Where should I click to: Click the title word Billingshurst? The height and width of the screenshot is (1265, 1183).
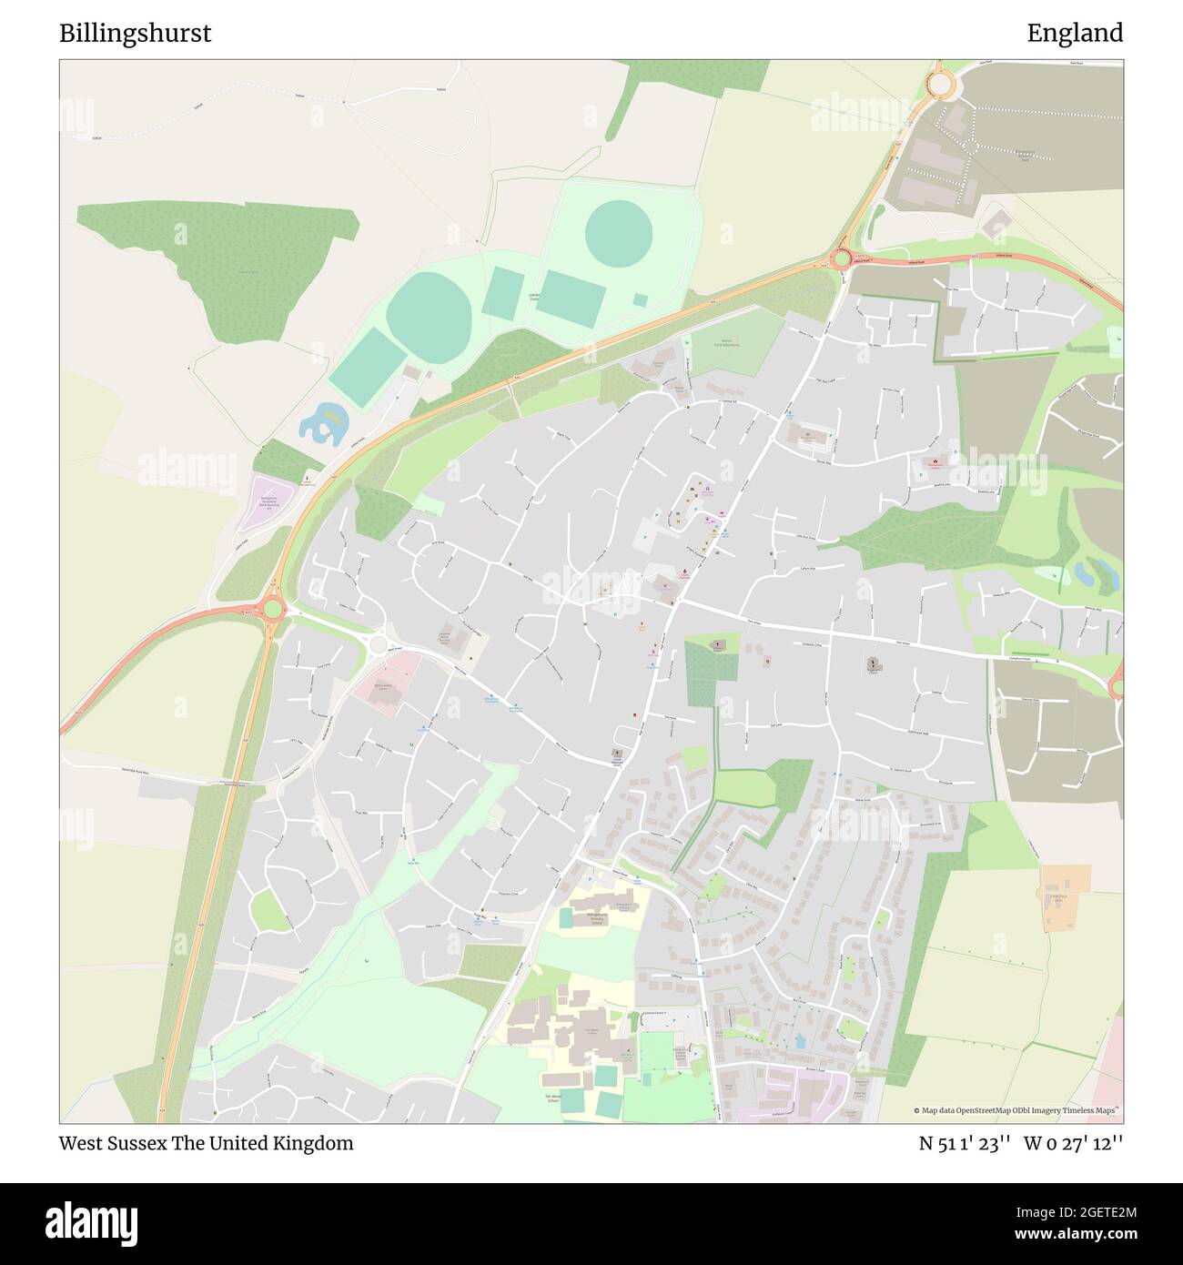[x=135, y=34]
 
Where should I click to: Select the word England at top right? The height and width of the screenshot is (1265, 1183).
[x=1075, y=34]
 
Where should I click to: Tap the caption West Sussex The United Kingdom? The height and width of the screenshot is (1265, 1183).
[x=206, y=1143]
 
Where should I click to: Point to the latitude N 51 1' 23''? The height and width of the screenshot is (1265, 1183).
[x=965, y=1143]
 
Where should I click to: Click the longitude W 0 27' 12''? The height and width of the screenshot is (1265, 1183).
[x=1073, y=1143]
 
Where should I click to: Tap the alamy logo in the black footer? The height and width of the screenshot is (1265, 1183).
[x=91, y=1222]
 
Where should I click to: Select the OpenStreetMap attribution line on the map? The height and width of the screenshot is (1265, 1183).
[x=1016, y=1110]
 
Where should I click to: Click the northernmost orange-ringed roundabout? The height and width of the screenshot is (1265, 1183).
[x=939, y=85]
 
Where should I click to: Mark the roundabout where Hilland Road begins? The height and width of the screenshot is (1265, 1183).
[x=842, y=259]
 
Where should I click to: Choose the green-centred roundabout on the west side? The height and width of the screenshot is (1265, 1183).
[x=272, y=608]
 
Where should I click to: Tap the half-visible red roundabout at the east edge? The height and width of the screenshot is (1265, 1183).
[x=1118, y=681]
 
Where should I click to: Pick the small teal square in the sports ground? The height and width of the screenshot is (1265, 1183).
[x=641, y=299]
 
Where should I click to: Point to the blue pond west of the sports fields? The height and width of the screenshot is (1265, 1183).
[x=323, y=424]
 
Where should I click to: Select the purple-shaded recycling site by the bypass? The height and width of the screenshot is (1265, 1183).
[x=265, y=503]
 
